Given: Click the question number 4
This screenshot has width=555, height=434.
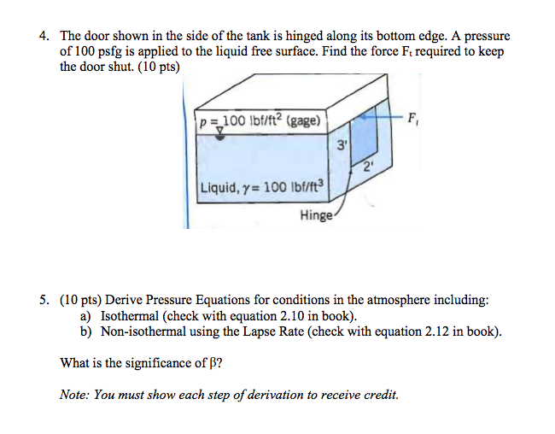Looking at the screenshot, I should (x=43, y=37).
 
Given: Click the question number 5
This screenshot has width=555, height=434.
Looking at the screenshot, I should (x=43, y=300).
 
